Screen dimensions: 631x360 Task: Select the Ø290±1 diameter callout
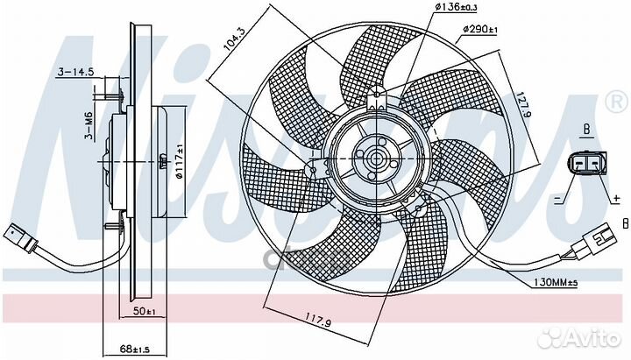479,30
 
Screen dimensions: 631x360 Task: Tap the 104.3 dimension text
233,40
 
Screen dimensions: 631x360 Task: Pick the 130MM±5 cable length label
556,283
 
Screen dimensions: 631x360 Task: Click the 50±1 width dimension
144,311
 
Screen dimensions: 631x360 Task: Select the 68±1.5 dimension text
134,349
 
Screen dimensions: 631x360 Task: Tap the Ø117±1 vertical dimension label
179,161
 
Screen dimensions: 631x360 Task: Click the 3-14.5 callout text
75,72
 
